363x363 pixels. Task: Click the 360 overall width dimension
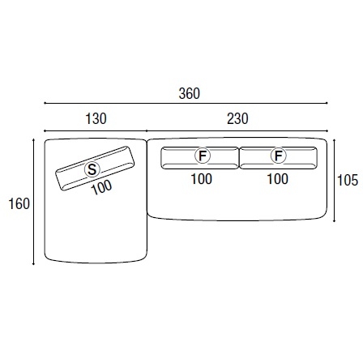[190, 93]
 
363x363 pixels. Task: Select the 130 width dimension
[96, 119]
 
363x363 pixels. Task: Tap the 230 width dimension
[237, 119]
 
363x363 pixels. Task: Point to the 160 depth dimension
[19, 203]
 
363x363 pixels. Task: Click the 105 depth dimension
[348, 180]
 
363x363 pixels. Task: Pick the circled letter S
[92, 169]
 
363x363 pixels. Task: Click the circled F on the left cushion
[203, 156]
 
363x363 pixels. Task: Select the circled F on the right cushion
[279, 156]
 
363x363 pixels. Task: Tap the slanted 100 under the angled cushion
[101, 187]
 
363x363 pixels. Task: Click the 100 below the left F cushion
[202, 179]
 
